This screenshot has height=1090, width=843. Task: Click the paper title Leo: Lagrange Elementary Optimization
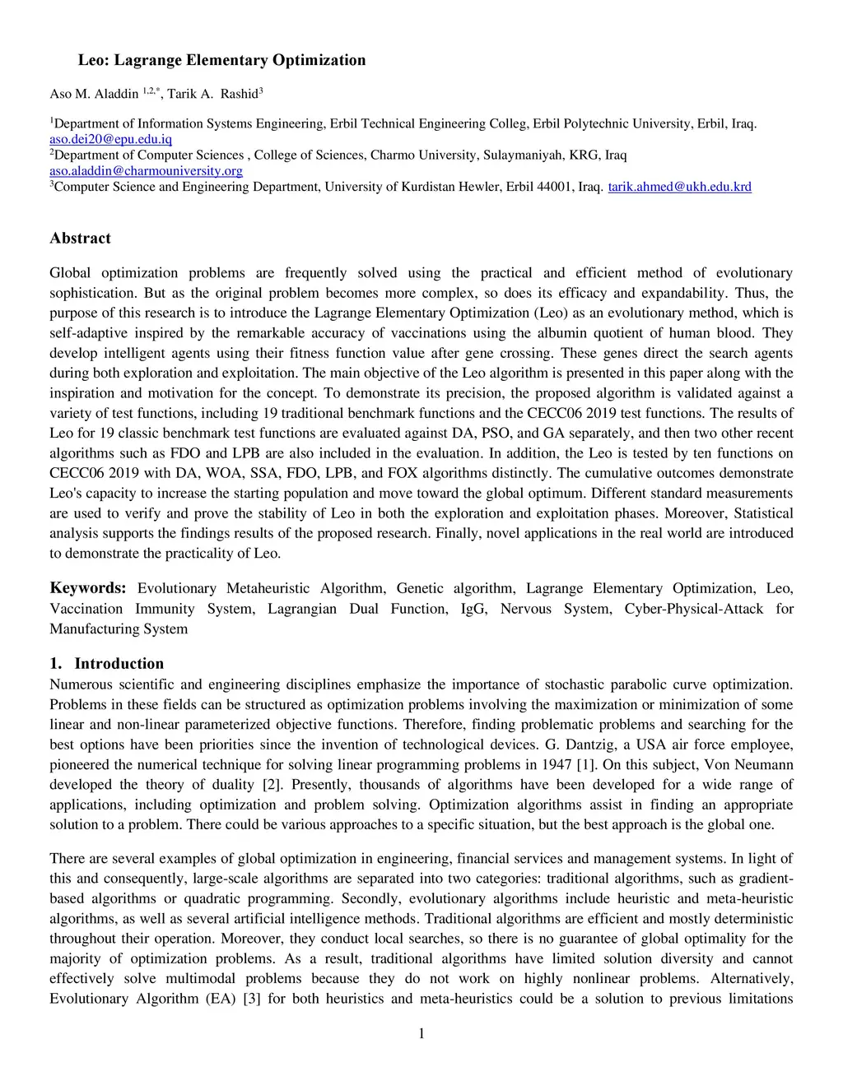point(221,60)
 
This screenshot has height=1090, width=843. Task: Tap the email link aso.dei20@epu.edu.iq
point(110,139)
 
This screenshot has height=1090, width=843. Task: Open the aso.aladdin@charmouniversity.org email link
point(146,170)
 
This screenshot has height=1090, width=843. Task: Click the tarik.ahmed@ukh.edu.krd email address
point(679,187)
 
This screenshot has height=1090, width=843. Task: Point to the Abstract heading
point(80,239)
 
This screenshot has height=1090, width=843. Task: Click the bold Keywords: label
point(88,588)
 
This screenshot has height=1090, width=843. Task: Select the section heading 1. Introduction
point(106,664)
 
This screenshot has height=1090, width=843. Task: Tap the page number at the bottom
point(421,1034)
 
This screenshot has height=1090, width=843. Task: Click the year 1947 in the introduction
point(557,765)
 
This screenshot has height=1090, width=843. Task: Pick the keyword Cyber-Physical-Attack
point(693,609)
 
